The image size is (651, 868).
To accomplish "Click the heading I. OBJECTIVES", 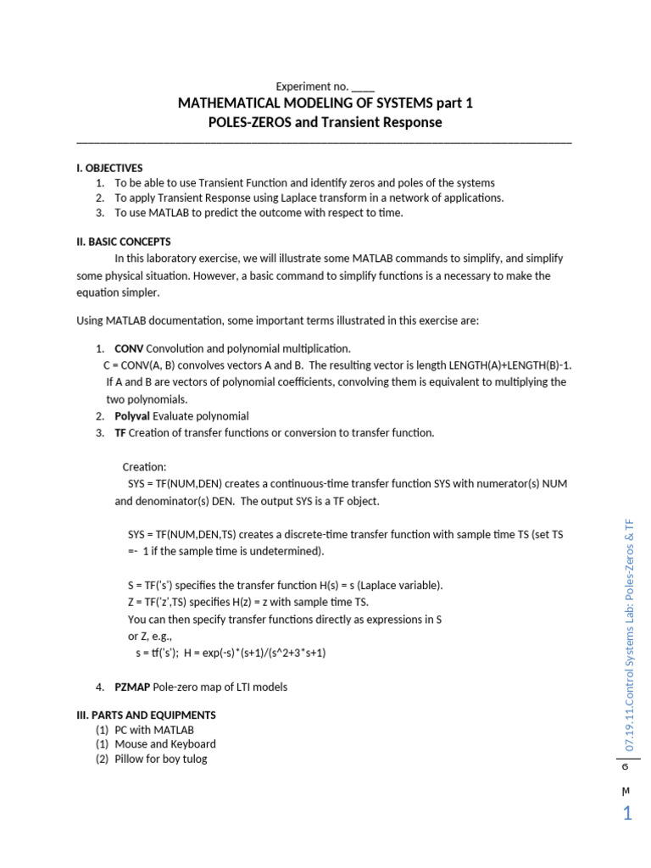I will click(109, 168).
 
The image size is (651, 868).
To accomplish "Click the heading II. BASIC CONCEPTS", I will click(124, 242).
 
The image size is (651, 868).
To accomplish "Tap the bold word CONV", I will click(129, 348).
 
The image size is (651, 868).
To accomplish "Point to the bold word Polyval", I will click(132, 416).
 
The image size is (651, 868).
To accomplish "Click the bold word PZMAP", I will click(131, 687).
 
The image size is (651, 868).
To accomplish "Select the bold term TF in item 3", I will click(120, 433).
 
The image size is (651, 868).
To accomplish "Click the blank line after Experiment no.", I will click(362, 86).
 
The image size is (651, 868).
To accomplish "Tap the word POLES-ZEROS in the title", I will click(245, 122).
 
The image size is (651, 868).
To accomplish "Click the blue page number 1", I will click(627, 815).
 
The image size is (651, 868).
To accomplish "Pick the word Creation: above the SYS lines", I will click(145, 467).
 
